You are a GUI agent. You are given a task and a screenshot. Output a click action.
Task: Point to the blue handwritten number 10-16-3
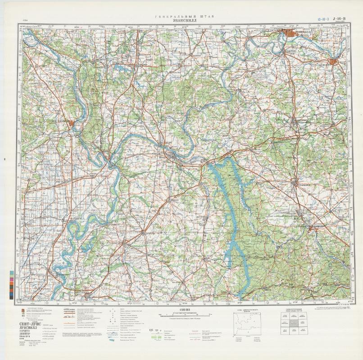tap(323, 19)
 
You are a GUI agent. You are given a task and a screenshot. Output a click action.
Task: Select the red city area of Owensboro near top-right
tap(335, 62)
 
